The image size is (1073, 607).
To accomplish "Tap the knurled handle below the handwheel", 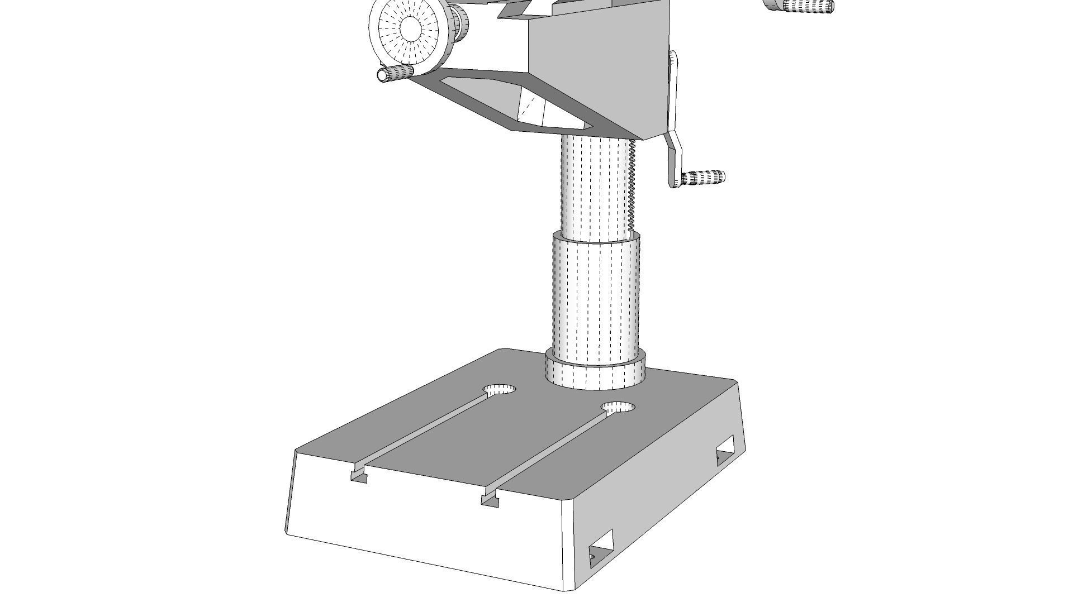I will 397,73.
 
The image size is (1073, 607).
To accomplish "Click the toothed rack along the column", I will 632,184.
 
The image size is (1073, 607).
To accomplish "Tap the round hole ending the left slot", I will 500,390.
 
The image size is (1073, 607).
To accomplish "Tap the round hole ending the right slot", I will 619,408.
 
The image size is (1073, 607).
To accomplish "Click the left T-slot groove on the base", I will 425,429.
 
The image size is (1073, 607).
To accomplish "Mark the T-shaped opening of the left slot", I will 359,476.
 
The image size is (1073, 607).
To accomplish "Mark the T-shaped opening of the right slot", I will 490,500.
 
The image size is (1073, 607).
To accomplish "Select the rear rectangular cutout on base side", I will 725,449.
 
